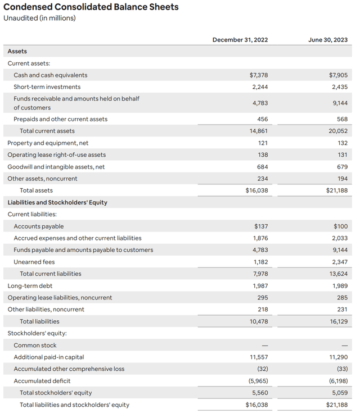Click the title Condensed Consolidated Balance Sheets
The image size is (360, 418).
click(91, 7)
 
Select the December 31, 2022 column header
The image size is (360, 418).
click(240, 39)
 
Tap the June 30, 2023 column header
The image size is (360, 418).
click(328, 39)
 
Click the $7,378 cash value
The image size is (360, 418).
click(258, 75)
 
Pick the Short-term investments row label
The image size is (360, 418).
click(47, 87)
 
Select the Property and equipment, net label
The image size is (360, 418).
click(48, 143)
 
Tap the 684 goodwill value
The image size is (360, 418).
click(262, 167)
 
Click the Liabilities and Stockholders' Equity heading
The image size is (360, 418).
click(57, 202)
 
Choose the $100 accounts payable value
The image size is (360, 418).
click(340, 226)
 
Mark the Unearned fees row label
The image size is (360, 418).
click(34, 262)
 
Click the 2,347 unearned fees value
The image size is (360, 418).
click(338, 262)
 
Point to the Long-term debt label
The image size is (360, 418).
click(30, 286)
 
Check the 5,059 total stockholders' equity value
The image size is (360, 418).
click(338, 393)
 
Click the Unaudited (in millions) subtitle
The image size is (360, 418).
click(39, 19)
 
